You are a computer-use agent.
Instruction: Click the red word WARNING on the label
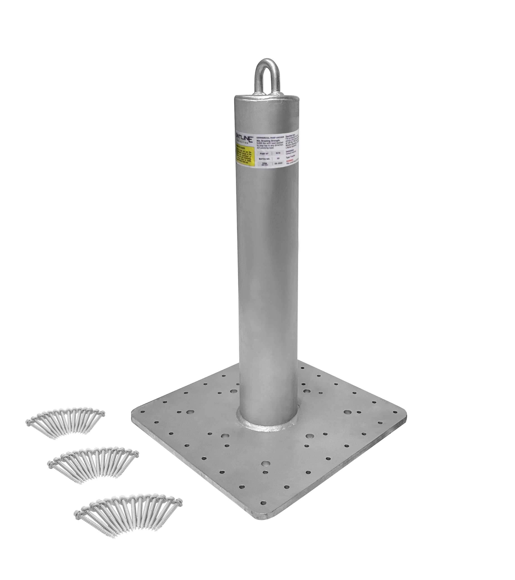[290, 161]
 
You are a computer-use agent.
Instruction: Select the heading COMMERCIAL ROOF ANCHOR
[270, 138]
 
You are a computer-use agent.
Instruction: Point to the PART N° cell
[264, 154]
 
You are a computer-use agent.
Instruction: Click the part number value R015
[278, 153]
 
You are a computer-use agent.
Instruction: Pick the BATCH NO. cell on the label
[264, 159]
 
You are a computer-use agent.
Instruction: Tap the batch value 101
[278, 159]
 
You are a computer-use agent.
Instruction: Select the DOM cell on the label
[265, 164]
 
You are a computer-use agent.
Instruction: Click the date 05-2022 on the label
[278, 163]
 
